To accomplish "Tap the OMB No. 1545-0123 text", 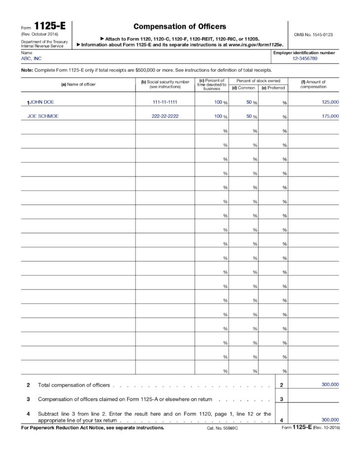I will (313, 35).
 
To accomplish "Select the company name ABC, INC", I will (31, 58).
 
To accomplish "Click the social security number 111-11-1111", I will (165, 102).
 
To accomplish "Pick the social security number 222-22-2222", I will (165, 116).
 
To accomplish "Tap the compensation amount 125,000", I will (330, 102).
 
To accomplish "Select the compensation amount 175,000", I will (330, 116).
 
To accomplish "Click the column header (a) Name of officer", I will (78, 84).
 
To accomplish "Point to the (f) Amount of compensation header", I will (313, 84).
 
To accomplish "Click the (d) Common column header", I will (243, 88).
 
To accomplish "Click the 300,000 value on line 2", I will (330, 385).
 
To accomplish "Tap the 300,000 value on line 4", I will (330, 420).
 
